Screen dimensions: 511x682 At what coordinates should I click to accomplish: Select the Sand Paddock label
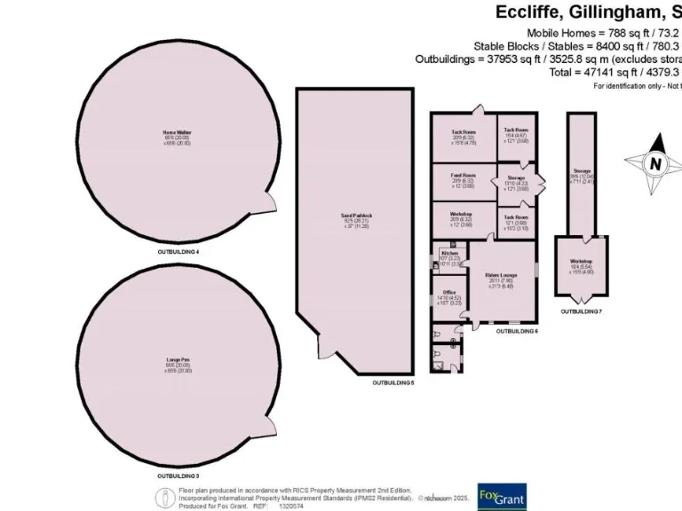coord(356,215)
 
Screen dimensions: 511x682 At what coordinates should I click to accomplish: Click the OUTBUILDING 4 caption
coord(178,252)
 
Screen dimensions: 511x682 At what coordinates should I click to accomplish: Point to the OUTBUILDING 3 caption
coord(178,476)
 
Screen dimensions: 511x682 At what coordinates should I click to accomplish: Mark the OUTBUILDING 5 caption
coord(393,382)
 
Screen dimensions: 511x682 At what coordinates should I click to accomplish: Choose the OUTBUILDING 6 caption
coord(517,330)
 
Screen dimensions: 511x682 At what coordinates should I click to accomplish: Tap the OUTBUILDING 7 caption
coord(582,311)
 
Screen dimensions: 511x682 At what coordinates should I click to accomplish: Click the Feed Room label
coord(463,176)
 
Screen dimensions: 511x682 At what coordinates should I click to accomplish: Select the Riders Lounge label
coord(503,275)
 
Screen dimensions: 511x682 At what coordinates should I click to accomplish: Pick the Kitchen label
coord(450,253)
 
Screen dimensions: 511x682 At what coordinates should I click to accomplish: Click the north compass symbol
coord(654,163)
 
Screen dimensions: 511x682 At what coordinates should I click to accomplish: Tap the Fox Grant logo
coord(502,496)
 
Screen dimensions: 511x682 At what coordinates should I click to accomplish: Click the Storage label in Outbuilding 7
coord(582,170)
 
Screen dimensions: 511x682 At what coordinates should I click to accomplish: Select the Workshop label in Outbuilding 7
coord(582,261)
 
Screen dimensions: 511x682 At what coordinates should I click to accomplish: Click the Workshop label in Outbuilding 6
coord(462,215)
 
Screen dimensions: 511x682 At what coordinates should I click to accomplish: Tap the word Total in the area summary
coord(559,72)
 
